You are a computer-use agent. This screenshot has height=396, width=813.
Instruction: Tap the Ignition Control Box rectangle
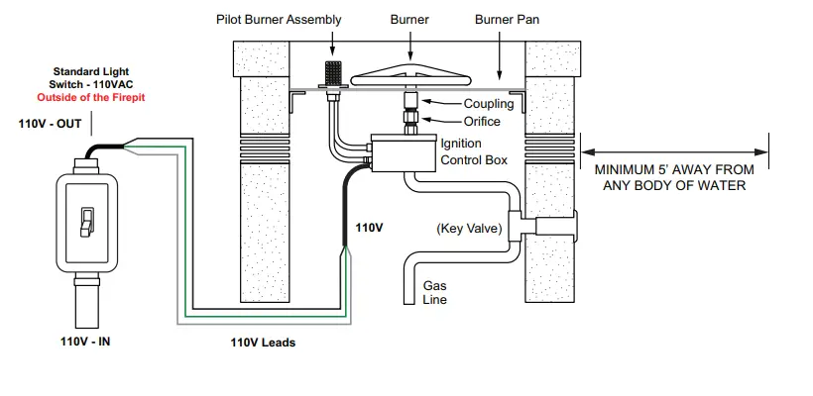point(404,153)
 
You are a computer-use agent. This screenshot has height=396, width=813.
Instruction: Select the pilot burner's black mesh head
point(332,73)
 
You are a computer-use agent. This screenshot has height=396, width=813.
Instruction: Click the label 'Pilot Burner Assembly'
point(279,20)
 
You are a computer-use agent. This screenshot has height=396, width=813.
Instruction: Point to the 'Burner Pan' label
point(507,20)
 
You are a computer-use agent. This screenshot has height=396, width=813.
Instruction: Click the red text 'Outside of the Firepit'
point(91,97)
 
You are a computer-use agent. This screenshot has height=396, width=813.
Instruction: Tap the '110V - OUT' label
point(50,124)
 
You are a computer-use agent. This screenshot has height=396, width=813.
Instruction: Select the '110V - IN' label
point(85,342)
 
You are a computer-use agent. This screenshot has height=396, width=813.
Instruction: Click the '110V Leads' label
point(263,343)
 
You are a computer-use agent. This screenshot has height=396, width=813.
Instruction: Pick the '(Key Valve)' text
point(470,229)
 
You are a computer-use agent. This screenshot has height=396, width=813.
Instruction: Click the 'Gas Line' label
point(434,292)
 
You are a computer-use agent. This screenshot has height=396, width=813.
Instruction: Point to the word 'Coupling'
point(489,104)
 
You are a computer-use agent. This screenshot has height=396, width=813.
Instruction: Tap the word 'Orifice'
point(482,122)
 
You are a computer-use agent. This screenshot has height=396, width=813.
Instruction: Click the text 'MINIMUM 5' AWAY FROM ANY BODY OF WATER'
point(674,177)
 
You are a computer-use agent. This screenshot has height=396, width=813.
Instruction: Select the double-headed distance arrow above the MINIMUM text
point(674,152)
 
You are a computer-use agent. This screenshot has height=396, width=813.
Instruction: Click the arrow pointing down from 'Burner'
point(410,45)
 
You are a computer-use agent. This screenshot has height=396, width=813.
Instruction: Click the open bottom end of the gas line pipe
point(410,304)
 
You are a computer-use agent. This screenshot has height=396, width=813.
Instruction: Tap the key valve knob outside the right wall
point(556,227)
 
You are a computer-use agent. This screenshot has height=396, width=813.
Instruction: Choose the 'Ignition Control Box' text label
point(474,151)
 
